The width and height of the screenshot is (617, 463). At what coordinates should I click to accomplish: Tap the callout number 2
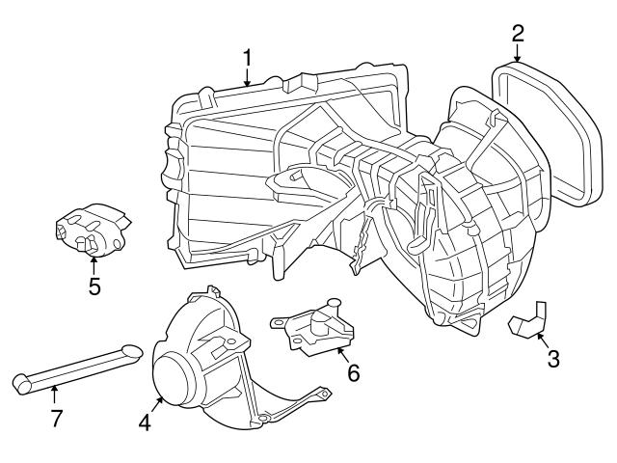(518, 33)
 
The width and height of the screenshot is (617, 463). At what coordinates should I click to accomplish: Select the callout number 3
(552, 360)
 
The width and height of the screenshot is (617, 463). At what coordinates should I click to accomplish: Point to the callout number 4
(145, 422)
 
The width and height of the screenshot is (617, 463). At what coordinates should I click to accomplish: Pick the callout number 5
(94, 286)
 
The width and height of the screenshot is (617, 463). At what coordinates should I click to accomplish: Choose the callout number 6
(354, 371)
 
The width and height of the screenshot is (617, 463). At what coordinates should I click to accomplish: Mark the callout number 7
(56, 419)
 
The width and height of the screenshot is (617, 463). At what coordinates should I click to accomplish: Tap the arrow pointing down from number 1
(247, 79)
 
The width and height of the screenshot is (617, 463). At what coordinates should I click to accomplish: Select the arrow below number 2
(518, 55)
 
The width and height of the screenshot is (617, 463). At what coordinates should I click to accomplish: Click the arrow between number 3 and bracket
(542, 340)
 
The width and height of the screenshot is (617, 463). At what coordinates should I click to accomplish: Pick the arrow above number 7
(55, 395)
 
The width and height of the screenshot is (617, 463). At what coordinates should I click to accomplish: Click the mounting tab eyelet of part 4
(325, 393)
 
